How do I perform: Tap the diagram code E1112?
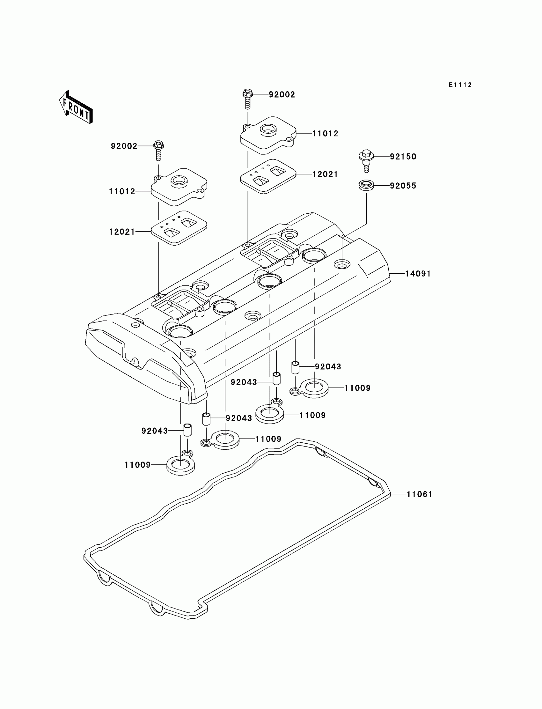click(460, 85)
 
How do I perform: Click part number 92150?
click(403, 157)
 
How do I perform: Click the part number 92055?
click(403, 186)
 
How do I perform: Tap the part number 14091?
click(418, 274)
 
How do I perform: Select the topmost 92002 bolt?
click(247, 99)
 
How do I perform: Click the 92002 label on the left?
click(124, 146)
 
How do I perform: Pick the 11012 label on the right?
click(325, 134)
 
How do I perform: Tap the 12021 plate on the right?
click(268, 176)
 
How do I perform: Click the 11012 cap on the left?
click(179, 187)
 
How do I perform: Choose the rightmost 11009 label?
click(357, 388)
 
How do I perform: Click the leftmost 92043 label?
click(155, 431)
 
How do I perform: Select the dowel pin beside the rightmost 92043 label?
click(295, 367)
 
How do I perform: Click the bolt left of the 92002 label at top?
click(247, 99)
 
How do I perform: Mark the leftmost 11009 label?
click(137, 465)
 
